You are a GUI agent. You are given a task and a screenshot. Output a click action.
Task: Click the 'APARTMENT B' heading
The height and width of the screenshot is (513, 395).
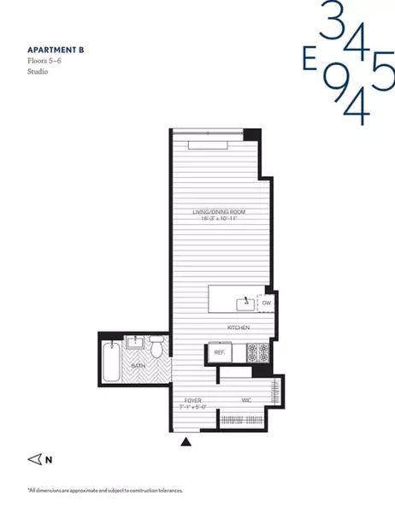click(54, 51)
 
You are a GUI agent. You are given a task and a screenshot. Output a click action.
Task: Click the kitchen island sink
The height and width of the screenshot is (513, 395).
click(246, 301)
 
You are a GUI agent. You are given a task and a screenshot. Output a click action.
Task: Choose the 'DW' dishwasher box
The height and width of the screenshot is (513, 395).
click(266, 303)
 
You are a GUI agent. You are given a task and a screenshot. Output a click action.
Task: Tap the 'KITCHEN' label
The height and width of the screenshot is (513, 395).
click(238, 327)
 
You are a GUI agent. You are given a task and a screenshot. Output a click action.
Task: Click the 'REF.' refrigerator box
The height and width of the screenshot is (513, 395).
click(219, 351)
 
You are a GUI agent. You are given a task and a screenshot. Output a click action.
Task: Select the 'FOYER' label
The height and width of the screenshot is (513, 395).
click(193, 400)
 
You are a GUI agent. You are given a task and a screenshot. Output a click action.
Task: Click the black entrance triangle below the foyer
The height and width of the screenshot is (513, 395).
click(186, 442)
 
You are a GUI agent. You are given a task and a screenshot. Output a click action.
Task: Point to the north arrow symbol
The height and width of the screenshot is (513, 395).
click(35, 459)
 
